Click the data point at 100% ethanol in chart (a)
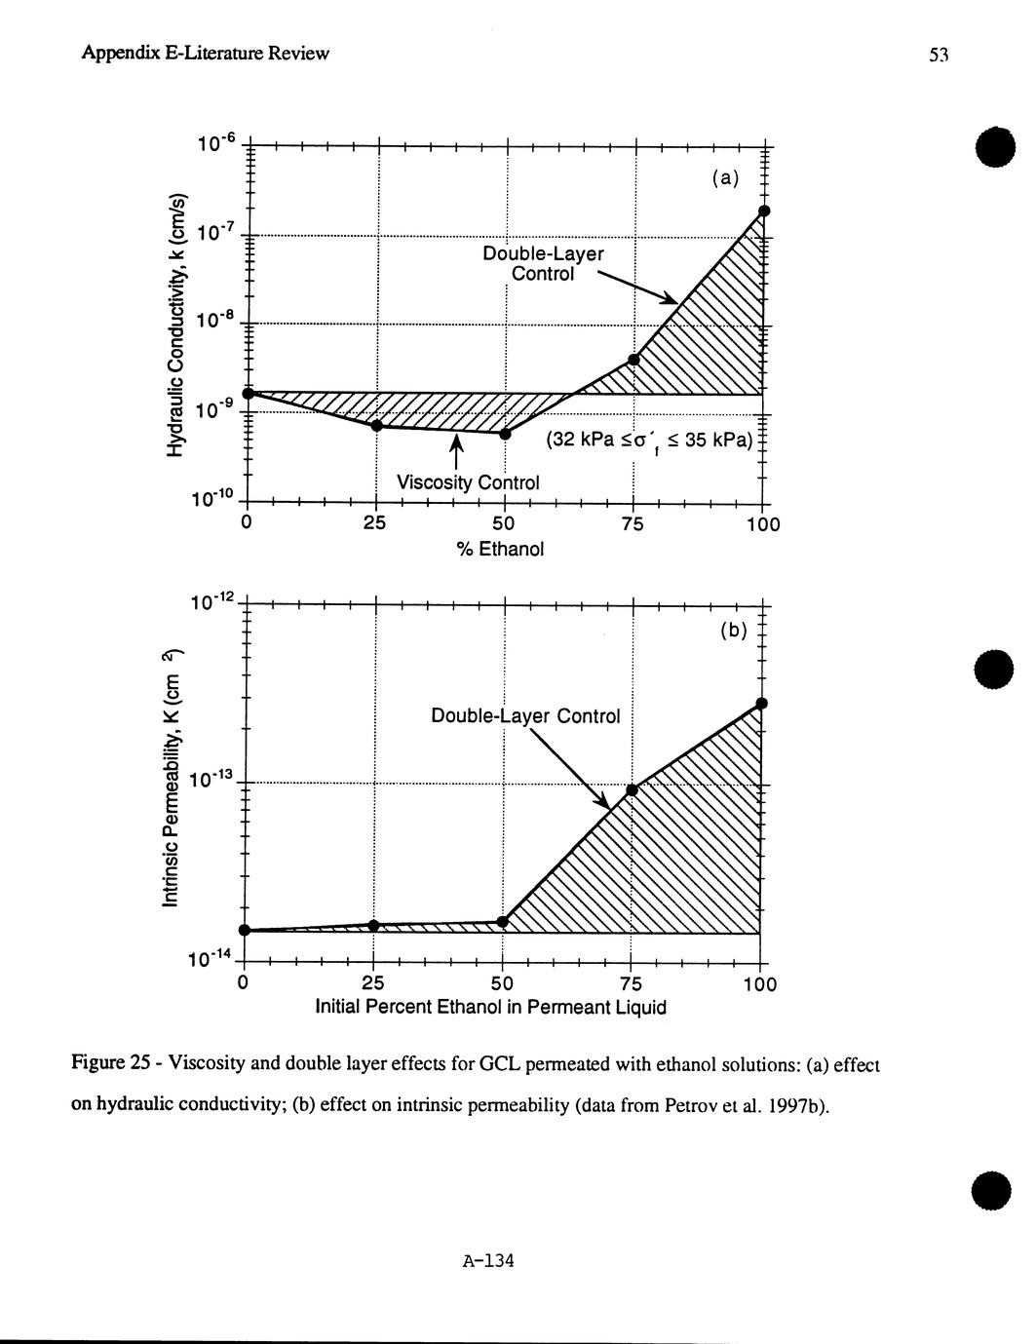point(764,211)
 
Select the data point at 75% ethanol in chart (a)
point(633,360)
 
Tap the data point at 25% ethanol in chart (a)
point(377,425)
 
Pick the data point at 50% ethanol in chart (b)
point(503,921)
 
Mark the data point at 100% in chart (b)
point(762,703)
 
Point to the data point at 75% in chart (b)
point(632,789)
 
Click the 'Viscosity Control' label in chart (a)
point(468,482)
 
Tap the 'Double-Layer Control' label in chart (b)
point(525,716)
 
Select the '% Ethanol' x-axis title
point(501,550)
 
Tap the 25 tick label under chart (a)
point(375,524)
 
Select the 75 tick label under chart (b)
point(631,983)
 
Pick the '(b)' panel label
point(733,631)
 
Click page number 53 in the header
point(939,56)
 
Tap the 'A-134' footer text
point(488,1261)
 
